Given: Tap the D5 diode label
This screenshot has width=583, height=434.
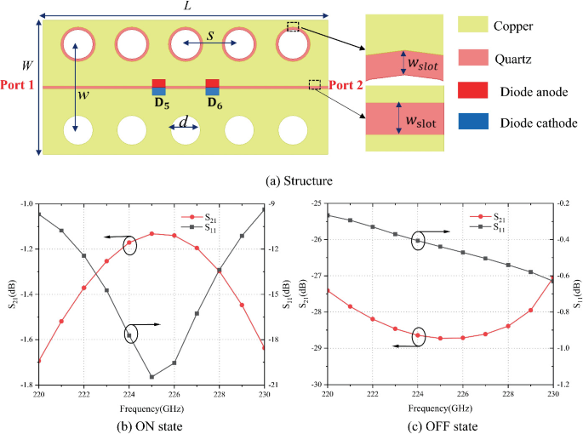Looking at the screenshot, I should (x=159, y=104).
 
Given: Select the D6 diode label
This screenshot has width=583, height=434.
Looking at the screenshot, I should (x=213, y=104).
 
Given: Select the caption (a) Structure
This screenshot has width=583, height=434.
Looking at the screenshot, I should (x=291, y=180).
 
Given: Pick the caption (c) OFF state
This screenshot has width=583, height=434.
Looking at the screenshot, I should (x=437, y=425).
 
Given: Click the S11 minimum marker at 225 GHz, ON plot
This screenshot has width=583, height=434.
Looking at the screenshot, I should (x=151, y=377).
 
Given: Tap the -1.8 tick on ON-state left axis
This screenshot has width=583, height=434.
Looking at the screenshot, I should (x=26, y=385).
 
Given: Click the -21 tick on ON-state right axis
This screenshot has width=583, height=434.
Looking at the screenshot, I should (x=275, y=385).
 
